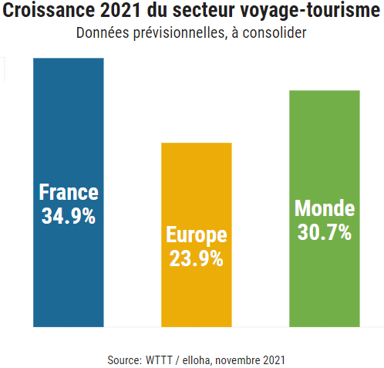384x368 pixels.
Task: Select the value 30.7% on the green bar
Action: coord(324,231)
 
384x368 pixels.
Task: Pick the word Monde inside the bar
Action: coord(324,208)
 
